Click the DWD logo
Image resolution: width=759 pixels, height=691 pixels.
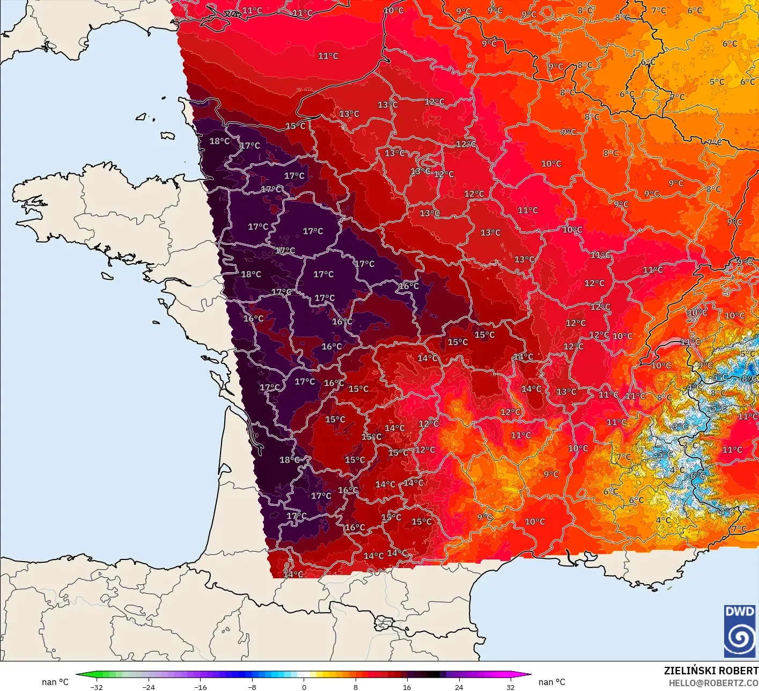740,631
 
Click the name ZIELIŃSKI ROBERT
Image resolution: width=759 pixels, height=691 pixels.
711,671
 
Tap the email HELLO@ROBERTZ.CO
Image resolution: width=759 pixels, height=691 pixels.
713,683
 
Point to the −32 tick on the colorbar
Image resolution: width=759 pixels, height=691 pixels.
97,687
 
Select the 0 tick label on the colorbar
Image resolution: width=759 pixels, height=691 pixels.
304,687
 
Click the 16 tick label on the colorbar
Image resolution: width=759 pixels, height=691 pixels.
407,687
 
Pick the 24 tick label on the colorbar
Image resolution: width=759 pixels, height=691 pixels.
459,687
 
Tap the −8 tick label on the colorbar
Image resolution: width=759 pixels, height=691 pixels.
252,687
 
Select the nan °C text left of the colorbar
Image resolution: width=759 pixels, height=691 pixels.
55,682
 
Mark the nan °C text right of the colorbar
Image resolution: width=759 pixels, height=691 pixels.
551,682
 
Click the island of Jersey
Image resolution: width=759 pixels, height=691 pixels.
167,136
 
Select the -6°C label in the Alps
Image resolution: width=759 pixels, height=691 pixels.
697,476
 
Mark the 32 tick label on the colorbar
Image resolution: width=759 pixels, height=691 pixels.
510,687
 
